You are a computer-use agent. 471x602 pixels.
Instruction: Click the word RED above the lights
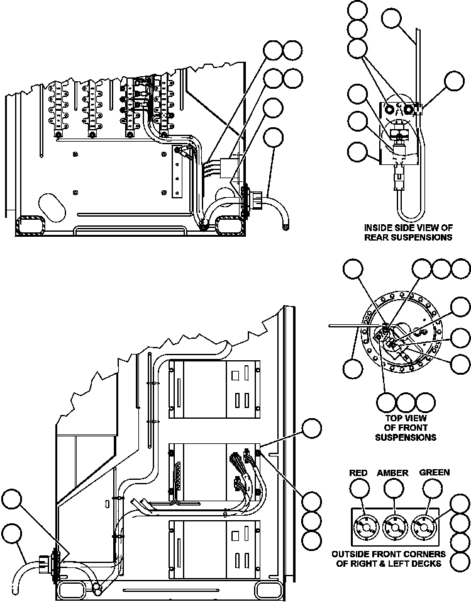(358, 473)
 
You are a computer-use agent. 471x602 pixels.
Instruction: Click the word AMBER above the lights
(393, 473)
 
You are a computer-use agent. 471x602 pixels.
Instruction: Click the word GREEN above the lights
(435, 473)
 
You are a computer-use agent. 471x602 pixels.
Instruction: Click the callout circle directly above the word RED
(359, 489)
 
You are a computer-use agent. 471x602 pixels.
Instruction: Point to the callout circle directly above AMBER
(394, 489)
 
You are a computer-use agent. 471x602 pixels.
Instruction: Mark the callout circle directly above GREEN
(431, 489)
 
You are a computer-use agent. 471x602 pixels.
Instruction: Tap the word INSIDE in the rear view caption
(379, 227)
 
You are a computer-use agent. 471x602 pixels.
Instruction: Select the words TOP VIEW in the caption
(405, 418)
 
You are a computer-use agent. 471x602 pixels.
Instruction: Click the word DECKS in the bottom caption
(427, 564)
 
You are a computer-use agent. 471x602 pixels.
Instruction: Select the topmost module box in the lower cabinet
(215, 390)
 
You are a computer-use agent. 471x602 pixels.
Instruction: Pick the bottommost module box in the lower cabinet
(215, 550)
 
